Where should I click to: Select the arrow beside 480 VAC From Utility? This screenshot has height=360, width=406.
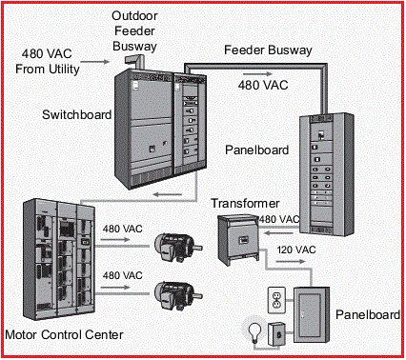point(93,69)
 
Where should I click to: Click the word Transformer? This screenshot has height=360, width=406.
point(245,203)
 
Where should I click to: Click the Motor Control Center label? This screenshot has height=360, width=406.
point(63,335)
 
